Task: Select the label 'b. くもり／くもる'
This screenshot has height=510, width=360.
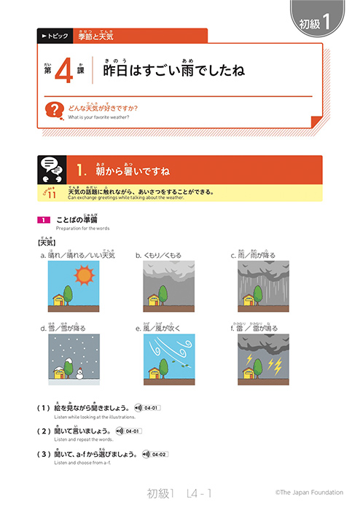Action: click(x=158, y=256)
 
